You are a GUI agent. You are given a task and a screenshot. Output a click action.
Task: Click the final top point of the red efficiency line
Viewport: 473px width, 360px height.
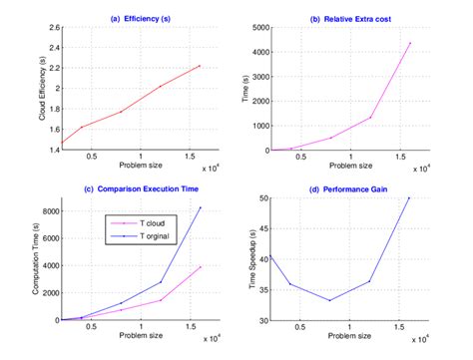201,66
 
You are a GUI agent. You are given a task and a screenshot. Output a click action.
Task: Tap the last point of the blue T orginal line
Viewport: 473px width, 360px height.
201,207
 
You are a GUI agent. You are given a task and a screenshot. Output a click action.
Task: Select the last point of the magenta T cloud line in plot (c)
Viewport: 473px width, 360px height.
201,266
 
